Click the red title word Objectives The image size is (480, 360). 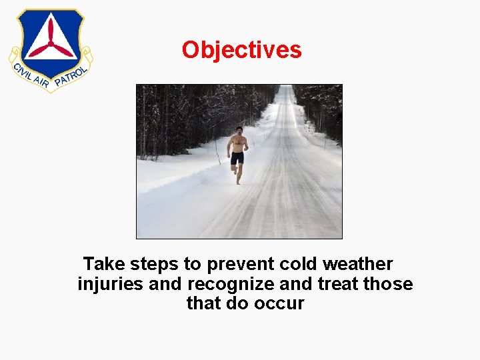241,50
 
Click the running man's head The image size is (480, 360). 239,129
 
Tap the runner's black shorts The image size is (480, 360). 237,157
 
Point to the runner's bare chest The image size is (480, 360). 238,142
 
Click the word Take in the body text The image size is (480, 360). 104,265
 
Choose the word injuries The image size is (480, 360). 110,284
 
